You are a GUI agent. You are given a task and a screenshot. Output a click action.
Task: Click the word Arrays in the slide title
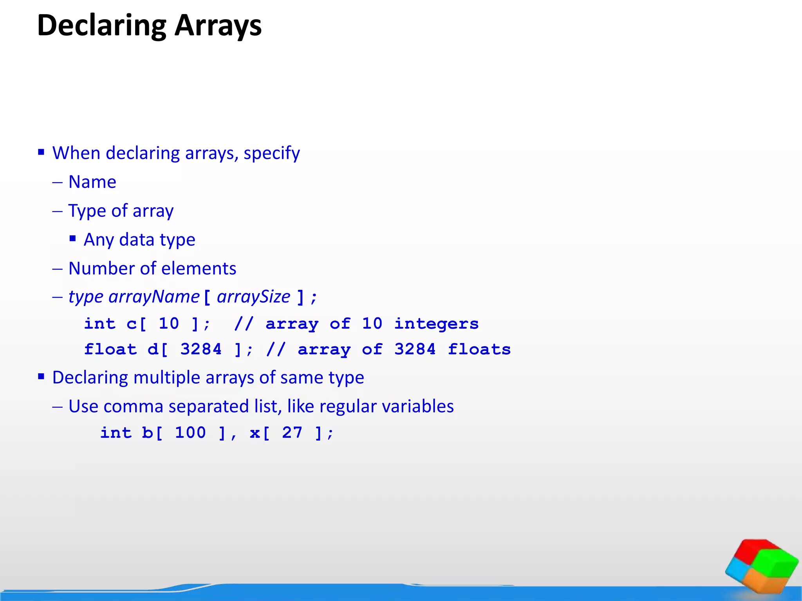click(218, 26)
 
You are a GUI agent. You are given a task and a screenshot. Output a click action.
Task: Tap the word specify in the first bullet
click(271, 153)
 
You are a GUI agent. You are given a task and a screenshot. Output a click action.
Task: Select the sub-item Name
click(92, 182)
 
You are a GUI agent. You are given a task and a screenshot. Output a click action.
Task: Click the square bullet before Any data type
click(72, 238)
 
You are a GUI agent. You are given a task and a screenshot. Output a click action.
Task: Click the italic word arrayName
click(154, 297)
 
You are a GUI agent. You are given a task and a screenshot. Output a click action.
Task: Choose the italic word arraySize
click(253, 297)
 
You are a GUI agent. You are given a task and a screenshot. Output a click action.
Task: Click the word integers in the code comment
click(436, 324)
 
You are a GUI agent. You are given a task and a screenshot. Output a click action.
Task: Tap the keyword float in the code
click(110, 349)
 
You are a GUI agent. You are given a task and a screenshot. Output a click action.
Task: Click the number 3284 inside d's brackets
click(200, 349)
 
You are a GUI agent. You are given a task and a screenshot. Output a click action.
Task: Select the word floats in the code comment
click(479, 349)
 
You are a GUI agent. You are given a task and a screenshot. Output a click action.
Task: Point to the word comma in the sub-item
click(133, 407)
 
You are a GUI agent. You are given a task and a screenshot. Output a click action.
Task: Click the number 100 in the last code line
click(190, 433)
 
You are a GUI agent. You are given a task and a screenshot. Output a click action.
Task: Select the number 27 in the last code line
click(292, 433)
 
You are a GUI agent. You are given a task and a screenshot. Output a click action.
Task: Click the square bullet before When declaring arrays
click(41, 152)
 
